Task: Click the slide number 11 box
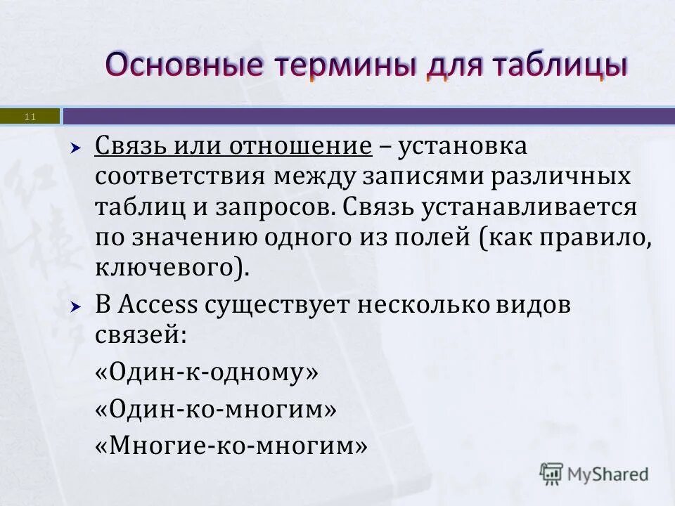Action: (x=30, y=116)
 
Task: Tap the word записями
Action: (x=418, y=177)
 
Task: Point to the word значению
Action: (x=195, y=238)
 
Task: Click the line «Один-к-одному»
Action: (x=207, y=372)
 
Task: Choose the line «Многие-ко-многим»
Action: (x=231, y=445)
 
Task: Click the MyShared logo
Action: (x=595, y=474)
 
